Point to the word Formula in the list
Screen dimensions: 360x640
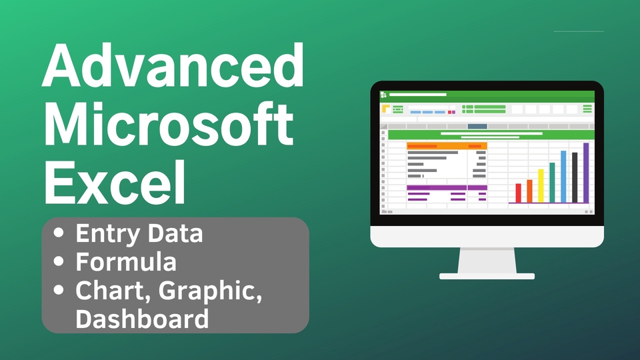click(x=126, y=262)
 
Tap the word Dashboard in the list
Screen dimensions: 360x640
click(x=142, y=318)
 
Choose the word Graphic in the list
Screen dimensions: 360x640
click(x=215, y=291)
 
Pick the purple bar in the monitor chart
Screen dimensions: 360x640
click(x=586, y=173)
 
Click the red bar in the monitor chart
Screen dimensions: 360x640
click(x=518, y=193)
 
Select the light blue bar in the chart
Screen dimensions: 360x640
click(x=563, y=177)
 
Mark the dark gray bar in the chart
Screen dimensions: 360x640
click(x=575, y=177)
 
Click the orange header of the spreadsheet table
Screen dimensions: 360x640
click(x=447, y=145)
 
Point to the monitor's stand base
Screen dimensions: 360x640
click(x=487, y=275)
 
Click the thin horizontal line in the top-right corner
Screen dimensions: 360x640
click(x=579, y=31)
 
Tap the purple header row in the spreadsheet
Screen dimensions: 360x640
click(x=447, y=187)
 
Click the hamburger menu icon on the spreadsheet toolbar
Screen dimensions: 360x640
click(x=587, y=109)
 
